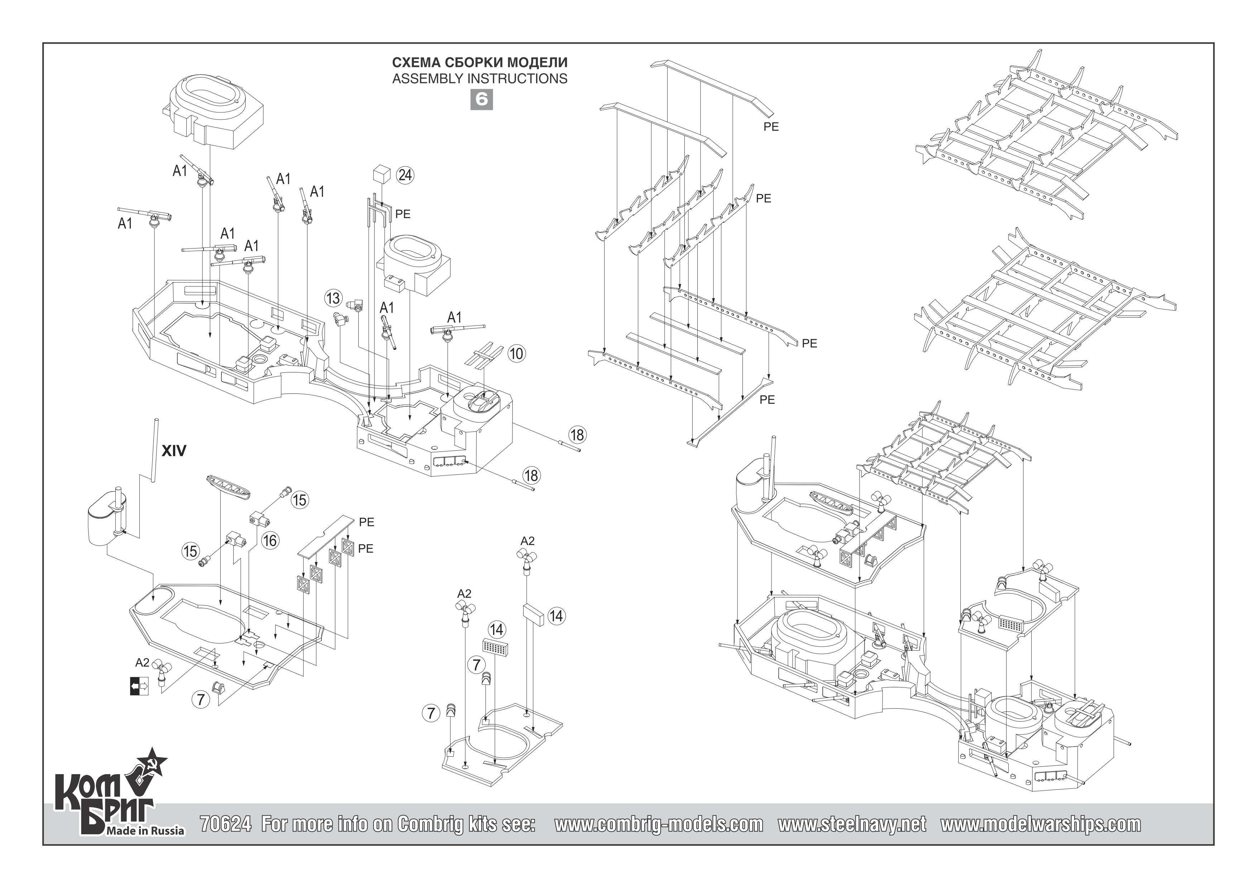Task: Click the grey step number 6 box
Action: point(481,99)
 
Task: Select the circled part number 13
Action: point(333,299)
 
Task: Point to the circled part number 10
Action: point(516,353)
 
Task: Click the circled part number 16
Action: point(270,541)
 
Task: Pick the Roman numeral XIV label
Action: point(174,451)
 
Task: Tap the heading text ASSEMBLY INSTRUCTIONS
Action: point(479,79)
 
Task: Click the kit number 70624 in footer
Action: point(226,824)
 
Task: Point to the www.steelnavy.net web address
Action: point(852,824)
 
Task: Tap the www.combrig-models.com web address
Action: point(659,824)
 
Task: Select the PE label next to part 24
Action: point(402,214)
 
